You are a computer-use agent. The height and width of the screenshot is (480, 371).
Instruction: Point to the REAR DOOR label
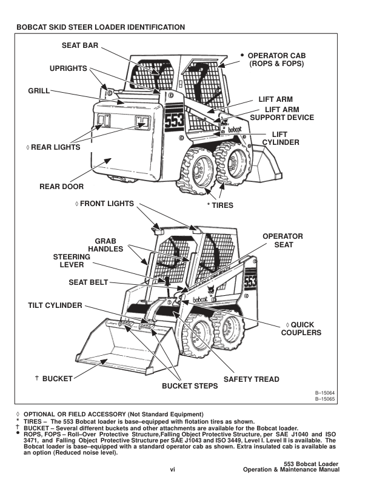coord(61,187)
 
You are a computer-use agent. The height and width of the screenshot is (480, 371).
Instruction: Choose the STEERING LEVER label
coord(72,261)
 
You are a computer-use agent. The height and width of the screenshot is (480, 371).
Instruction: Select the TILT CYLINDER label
coord(55,305)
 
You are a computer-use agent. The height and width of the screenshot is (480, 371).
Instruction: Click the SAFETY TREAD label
coord(252,379)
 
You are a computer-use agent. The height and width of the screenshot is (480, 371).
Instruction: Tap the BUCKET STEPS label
coord(189,385)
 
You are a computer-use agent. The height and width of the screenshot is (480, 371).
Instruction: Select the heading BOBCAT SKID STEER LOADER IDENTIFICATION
coord(101,27)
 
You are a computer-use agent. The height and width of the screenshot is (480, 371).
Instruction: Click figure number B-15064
coord(326,394)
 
